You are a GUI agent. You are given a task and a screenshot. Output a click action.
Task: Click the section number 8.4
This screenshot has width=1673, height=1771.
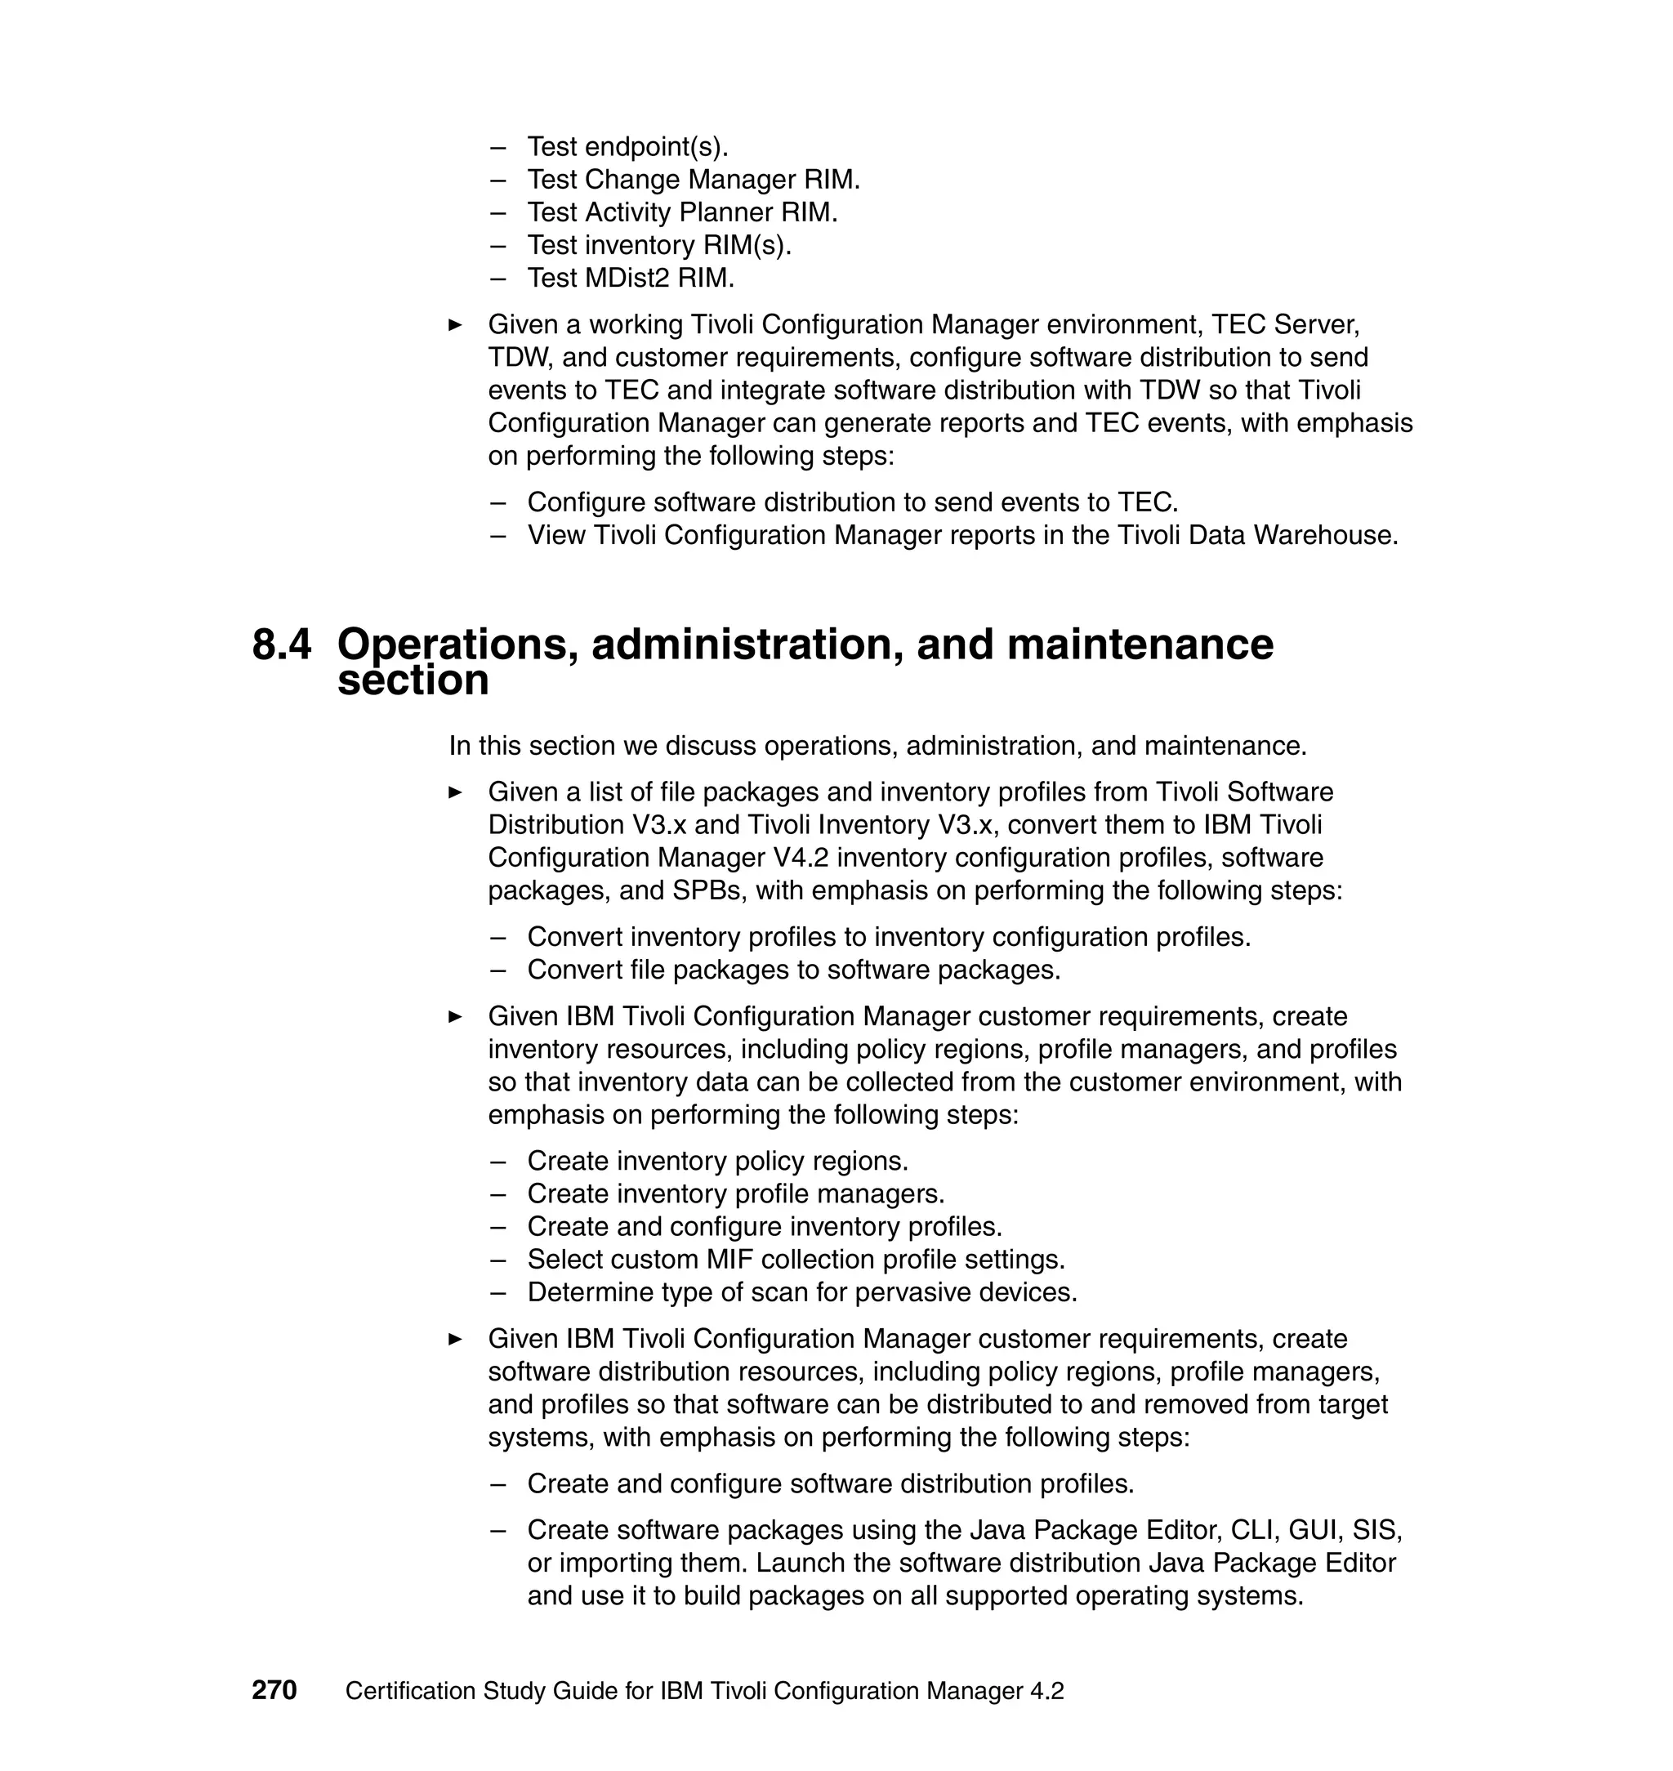pyautogui.click(x=282, y=645)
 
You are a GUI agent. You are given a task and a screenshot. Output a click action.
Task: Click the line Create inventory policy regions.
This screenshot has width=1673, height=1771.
pyautogui.click(x=717, y=1162)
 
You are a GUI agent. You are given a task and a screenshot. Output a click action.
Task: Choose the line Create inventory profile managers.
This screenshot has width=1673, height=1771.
pyautogui.click(x=735, y=1195)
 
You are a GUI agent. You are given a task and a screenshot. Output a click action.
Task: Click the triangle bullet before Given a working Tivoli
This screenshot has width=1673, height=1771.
pyautogui.click(x=455, y=324)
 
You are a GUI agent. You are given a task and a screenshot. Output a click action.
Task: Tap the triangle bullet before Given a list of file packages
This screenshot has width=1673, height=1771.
pyautogui.click(x=455, y=792)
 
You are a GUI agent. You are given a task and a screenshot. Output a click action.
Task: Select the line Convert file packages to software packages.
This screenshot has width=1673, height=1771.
pyautogui.click(x=794, y=970)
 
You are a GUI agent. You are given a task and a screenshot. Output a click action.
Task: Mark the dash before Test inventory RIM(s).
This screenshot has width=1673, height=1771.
pyautogui.click(x=497, y=245)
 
